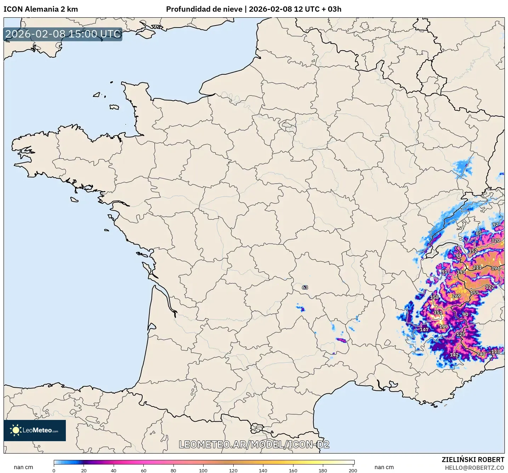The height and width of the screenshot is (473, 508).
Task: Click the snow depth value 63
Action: click(305, 287)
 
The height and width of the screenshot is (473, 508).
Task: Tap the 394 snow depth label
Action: click(495, 268)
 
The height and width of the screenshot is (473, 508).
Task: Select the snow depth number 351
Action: click(438, 312)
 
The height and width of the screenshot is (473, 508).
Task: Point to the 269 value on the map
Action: click(456, 296)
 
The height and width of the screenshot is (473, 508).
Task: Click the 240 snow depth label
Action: click(481, 354)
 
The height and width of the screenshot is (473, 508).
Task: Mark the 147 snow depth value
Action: click(424, 329)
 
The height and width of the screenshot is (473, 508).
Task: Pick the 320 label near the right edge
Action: click(495, 240)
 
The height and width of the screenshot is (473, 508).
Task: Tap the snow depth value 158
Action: click(434, 297)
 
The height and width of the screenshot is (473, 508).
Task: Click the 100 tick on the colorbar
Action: click(203, 470)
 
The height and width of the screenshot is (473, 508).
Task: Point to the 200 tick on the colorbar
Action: click(353, 470)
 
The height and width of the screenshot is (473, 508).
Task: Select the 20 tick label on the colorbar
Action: click(84, 470)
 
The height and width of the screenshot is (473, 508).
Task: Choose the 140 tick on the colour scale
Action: click(263, 470)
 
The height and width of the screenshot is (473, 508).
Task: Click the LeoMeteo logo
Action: click(35, 430)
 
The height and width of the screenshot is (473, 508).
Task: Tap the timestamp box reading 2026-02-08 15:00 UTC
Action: click(63, 34)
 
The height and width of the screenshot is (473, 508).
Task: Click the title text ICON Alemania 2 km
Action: click(41, 9)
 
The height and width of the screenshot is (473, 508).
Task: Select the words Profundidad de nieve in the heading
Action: click(204, 9)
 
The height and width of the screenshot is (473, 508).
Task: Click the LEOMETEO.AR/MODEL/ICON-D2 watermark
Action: click(254, 444)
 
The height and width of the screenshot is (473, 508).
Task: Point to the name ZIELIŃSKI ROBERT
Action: click(473, 460)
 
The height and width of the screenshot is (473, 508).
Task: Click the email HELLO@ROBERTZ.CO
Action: click(474, 468)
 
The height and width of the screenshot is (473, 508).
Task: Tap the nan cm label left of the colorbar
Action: click(23, 467)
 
